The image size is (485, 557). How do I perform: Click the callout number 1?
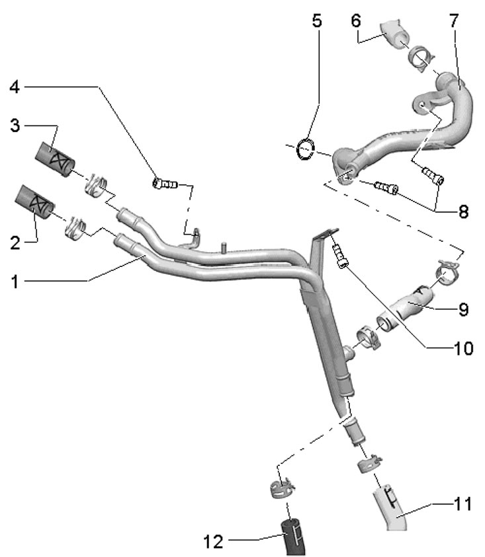(14, 281)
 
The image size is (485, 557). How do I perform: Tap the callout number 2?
(14, 242)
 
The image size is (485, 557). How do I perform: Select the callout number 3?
(14, 125)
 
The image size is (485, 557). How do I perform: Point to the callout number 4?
(14, 86)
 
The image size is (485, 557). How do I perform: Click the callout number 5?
(317, 20)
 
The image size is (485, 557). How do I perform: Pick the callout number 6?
(355, 20)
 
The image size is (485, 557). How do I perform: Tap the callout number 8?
(463, 211)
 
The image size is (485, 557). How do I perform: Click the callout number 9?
(463, 308)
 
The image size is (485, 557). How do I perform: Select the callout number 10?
(463, 348)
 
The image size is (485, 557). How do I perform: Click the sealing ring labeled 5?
(305, 148)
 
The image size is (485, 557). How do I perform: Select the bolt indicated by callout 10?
(340, 255)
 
